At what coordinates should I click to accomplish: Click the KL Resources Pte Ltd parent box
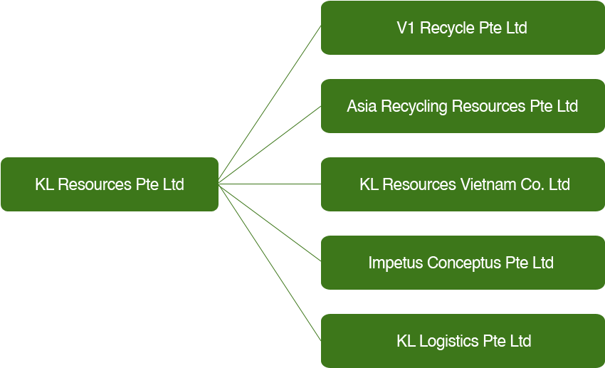[109, 184]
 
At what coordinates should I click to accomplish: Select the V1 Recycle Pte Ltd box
[463, 28]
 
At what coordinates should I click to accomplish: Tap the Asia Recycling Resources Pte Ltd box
[463, 106]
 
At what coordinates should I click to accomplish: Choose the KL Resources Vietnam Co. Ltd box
[463, 184]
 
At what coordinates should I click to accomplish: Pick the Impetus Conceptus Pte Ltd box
[463, 263]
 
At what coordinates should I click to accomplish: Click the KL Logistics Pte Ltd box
[463, 341]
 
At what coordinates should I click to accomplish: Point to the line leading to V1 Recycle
[270, 105]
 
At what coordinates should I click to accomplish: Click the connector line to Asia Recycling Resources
[270, 144]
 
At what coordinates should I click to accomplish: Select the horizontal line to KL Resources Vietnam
[270, 184]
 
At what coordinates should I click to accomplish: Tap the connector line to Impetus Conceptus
[270, 223]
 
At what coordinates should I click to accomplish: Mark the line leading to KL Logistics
[270, 262]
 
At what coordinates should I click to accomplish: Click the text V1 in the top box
[406, 28]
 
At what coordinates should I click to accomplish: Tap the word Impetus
[395, 263]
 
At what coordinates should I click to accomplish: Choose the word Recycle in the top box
[446, 28]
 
